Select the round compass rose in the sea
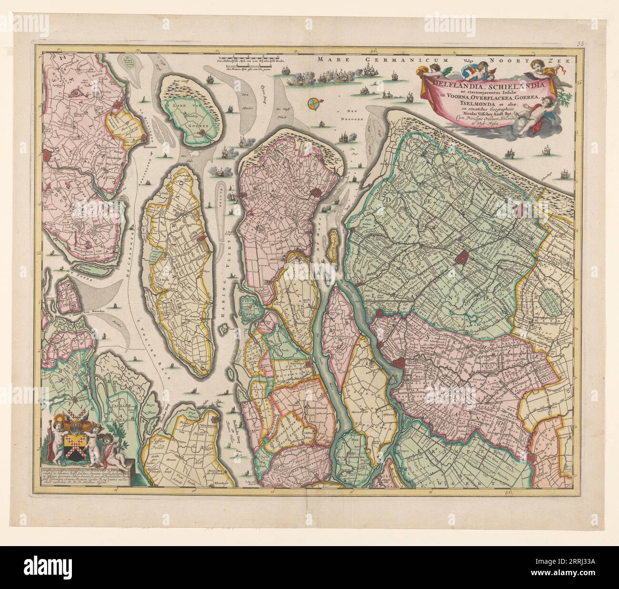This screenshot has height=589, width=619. point(313,102)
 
